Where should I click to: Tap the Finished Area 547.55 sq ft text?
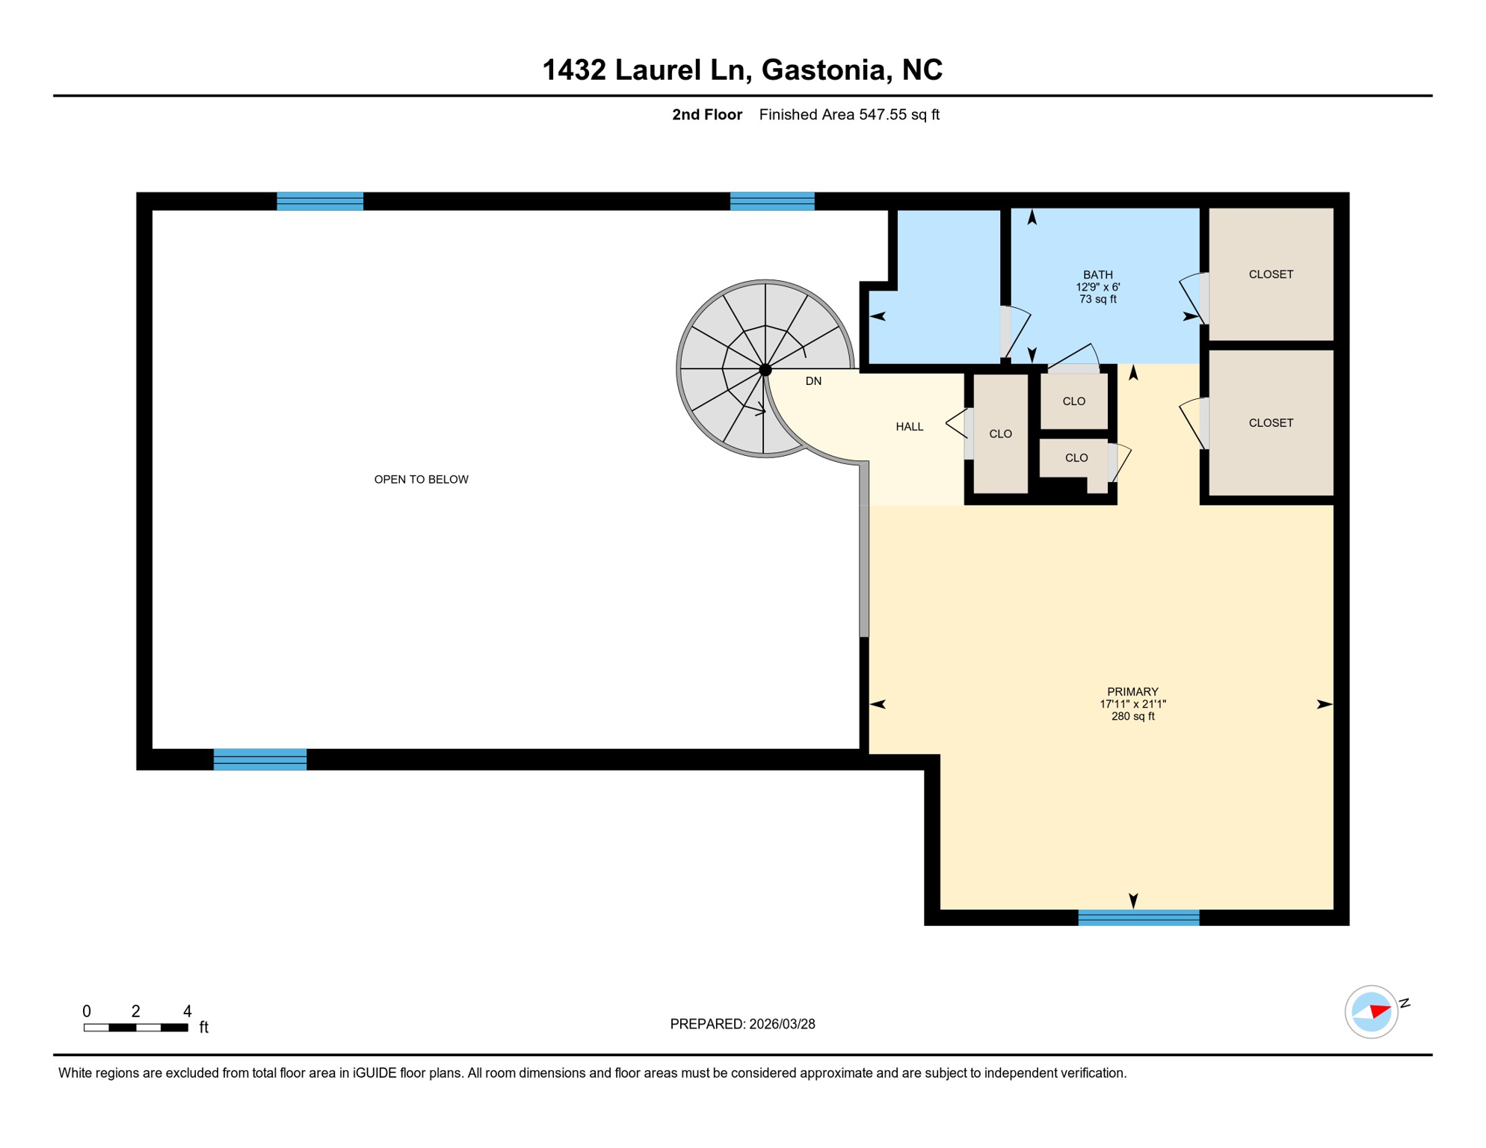click(849, 114)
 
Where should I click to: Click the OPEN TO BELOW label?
click(421, 479)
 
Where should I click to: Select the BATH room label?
click(1097, 275)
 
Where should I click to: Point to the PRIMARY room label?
click(1132, 692)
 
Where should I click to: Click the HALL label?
click(909, 427)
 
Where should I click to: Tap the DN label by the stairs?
click(813, 381)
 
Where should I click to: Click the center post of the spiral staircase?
click(765, 370)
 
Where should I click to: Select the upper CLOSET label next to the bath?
click(1271, 274)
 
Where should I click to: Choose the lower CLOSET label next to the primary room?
click(1271, 423)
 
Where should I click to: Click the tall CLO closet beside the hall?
click(1000, 434)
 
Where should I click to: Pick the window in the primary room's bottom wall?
click(1138, 918)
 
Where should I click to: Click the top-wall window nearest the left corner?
click(320, 201)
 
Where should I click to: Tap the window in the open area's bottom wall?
click(260, 759)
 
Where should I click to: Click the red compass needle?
click(1380, 1012)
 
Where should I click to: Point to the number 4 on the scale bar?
click(187, 1011)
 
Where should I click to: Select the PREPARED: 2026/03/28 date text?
click(742, 1024)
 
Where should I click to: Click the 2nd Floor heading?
click(706, 114)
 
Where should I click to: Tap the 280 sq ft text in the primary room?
click(1132, 716)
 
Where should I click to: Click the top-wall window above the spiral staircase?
click(772, 201)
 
